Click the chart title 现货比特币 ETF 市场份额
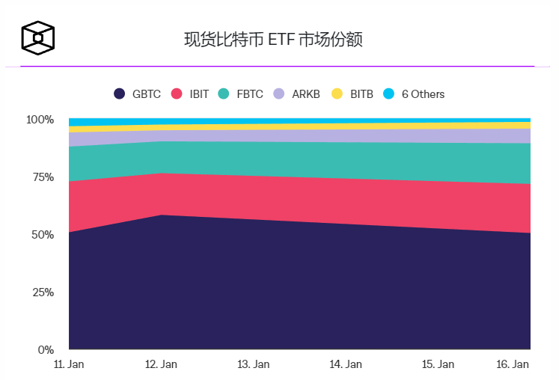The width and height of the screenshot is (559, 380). click(273, 40)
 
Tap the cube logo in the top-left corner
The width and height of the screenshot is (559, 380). click(37, 37)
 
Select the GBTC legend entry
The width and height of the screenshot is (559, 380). click(138, 94)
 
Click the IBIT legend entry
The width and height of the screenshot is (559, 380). click(191, 94)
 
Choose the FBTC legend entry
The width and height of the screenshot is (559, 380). click(241, 94)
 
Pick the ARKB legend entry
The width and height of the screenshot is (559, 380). click(297, 94)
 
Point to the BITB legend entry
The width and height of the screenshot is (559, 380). click(352, 94)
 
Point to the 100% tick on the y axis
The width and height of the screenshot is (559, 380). click(40, 120)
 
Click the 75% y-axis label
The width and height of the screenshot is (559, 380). click(42, 177)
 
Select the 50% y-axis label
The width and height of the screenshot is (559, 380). click(42, 235)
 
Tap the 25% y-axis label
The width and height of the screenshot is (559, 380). click(42, 292)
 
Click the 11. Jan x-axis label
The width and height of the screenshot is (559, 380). click(68, 364)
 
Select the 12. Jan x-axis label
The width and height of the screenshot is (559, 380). click(161, 364)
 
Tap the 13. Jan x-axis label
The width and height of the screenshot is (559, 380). click(253, 364)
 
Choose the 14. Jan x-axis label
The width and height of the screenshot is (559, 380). click(346, 364)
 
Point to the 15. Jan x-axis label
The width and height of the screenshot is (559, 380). click(438, 364)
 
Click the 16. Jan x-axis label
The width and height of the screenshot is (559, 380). click(513, 364)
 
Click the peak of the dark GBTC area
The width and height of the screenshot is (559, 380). click(162, 216)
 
